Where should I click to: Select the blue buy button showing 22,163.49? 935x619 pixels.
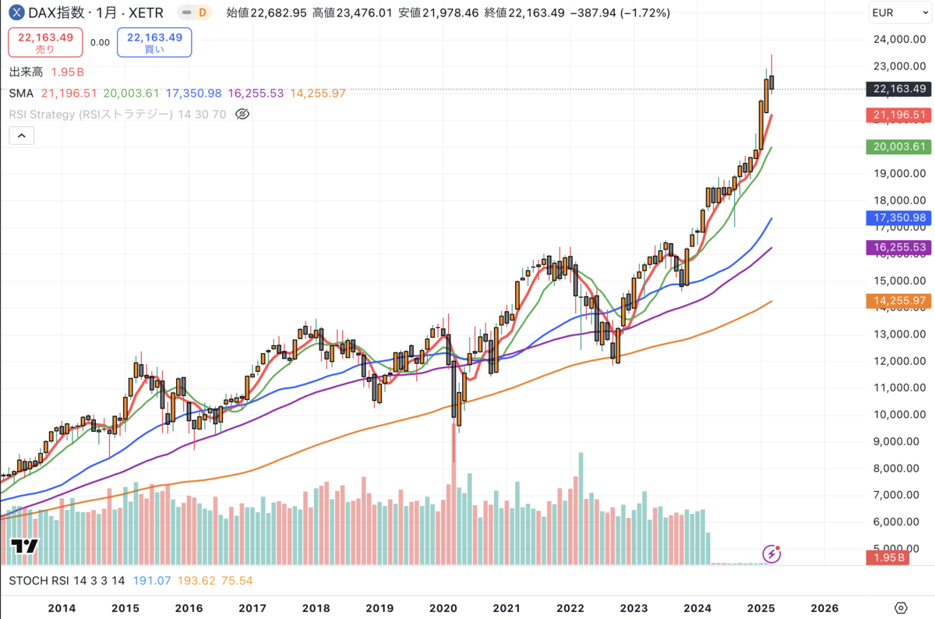point(153,42)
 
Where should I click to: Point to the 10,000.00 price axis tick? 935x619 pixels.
point(900,414)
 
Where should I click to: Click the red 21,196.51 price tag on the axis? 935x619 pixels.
point(898,115)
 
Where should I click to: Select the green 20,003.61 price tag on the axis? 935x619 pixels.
point(898,147)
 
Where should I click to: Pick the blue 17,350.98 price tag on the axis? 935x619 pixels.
point(898,218)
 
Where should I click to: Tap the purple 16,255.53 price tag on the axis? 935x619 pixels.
point(898,247)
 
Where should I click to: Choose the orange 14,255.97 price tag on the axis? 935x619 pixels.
point(898,300)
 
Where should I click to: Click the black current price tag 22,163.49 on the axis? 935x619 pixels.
point(898,88)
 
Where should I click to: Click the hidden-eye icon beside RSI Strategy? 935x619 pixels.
point(242,114)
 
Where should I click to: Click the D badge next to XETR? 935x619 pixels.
point(203,12)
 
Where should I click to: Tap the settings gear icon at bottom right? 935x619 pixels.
point(901,607)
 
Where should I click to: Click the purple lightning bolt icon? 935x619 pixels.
point(771,554)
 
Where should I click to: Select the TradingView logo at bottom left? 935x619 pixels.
point(24,546)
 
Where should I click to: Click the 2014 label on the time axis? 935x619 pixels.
point(62,607)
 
